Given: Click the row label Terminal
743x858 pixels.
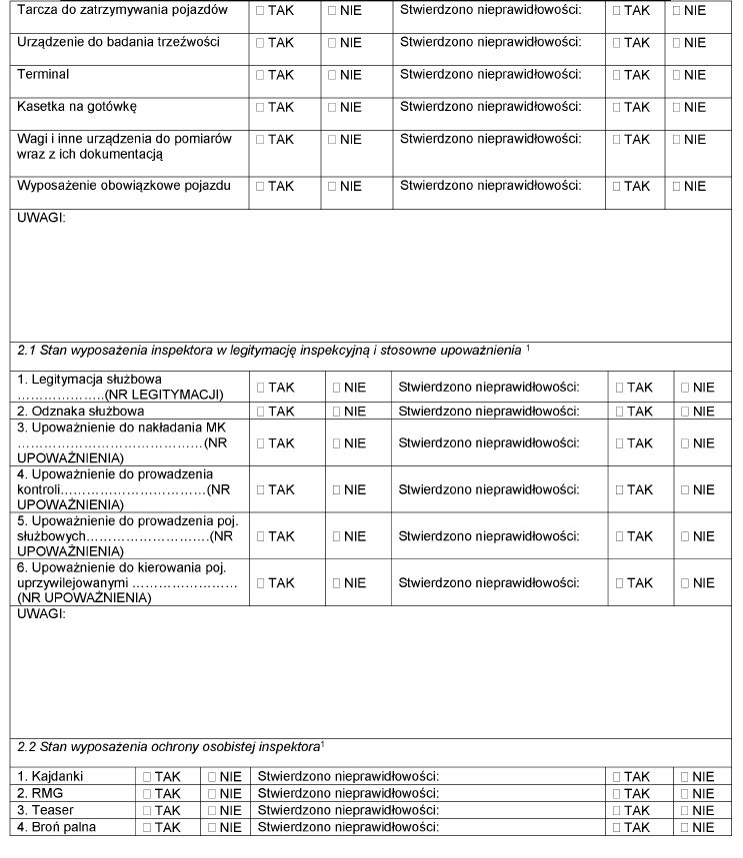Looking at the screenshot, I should [x=43, y=75].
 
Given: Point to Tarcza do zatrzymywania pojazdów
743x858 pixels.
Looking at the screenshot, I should [x=122, y=10].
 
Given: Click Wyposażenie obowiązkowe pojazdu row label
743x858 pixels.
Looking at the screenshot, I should [x=124, y=186].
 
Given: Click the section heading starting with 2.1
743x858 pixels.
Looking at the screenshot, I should [x=270, y=351].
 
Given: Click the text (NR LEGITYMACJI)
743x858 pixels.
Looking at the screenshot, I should [x=171, y=395].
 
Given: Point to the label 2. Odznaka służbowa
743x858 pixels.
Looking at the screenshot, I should [x=74, y=411].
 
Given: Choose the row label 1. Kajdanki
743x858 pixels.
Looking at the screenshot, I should [x=48, y=776].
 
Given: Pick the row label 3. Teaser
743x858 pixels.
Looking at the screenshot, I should [x=45, y=810].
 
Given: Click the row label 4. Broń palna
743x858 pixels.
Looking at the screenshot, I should [x=56, y=827].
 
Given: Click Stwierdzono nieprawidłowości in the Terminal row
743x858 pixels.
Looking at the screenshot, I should [x=490, y=75].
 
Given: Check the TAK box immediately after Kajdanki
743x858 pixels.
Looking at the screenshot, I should [x=147, y=777].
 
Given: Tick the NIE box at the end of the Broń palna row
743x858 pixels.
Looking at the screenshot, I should [x=685, y=828].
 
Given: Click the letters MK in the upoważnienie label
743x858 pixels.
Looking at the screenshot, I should [x=217, y=428].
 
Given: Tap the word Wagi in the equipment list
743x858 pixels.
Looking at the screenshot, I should [x=33, y=139].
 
